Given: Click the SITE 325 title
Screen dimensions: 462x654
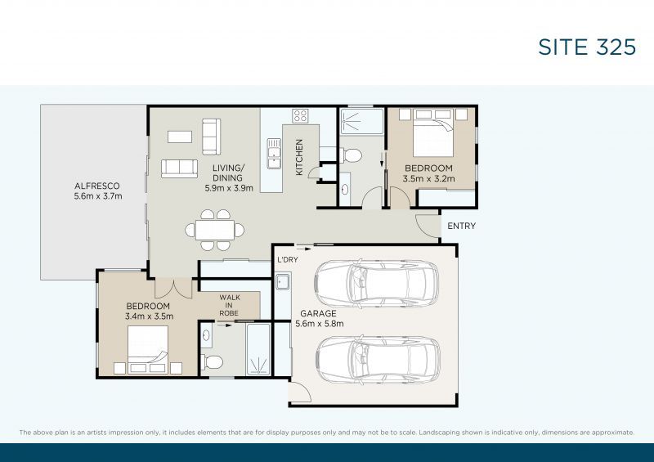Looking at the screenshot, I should point(586,47).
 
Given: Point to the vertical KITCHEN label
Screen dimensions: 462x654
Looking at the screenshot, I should point(299,156).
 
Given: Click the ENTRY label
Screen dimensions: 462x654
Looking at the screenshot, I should point(461,226).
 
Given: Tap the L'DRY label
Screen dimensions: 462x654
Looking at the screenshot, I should point(286,259).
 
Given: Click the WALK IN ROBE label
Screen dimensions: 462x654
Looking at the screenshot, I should point(229,304).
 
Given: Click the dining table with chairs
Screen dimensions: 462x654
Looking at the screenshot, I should point(214,230).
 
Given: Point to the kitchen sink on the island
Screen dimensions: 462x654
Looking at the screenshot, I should point(273,152).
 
